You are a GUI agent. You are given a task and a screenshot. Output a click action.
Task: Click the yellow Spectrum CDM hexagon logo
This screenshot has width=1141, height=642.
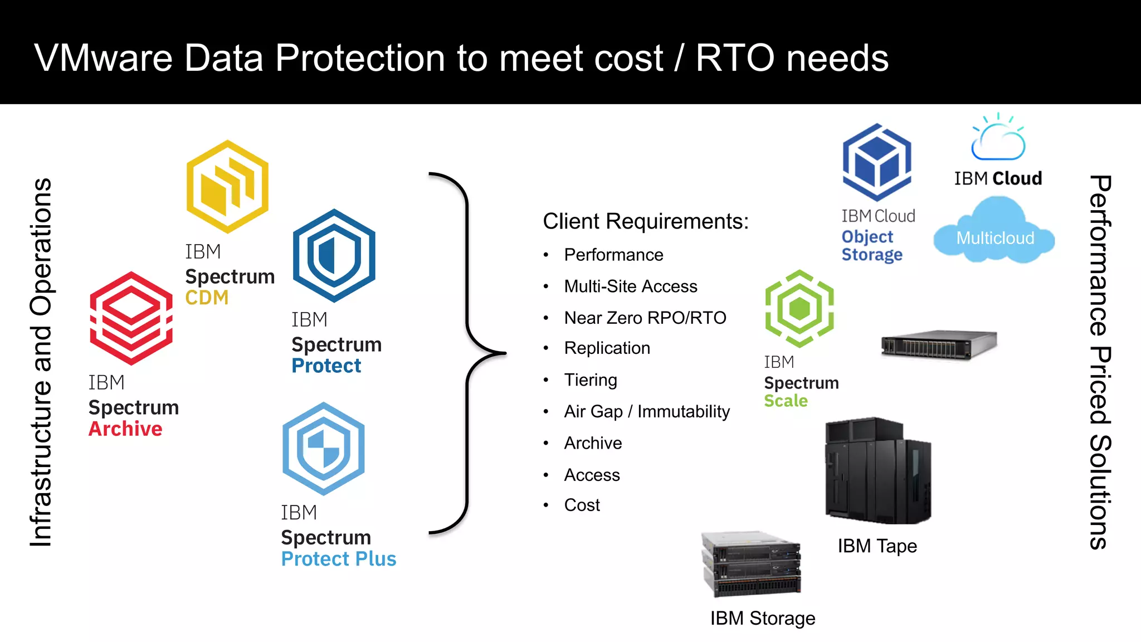click(x=227, y=187)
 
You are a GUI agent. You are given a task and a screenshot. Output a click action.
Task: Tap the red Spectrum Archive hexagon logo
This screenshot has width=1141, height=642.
click(x=131, y=318)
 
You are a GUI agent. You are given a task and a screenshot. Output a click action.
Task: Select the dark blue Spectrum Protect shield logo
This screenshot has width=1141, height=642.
click(x=334, y=256)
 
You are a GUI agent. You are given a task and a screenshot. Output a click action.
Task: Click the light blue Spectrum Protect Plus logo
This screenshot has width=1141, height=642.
click(x=324, y=449)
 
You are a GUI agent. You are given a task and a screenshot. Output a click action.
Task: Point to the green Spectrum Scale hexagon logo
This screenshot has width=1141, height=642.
click(x=799, y=309)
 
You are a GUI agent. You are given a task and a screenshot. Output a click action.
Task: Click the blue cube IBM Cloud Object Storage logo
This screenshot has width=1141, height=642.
click(x=877, y=162)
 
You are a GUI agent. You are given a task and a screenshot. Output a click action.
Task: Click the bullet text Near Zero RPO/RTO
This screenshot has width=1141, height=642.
click(x=645, y=318)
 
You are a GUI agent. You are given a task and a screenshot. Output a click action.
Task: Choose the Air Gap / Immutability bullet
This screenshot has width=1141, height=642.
click(x=646, y=412)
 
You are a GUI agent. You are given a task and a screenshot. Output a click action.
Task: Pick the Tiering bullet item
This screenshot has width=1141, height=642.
click(x=591, y=380)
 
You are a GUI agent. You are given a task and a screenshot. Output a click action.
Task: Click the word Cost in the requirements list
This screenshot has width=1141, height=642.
click(x=582, y=505)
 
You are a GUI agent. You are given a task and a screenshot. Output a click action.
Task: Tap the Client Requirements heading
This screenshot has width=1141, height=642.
click(x=646, y=221)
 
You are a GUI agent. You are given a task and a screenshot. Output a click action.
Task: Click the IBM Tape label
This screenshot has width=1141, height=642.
click(x=877, y=546)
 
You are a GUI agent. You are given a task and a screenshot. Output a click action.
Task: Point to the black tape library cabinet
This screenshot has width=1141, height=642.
click(x=877, y=470)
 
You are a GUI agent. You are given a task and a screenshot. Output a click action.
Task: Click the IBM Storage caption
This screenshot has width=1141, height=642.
click(x=762, y=619)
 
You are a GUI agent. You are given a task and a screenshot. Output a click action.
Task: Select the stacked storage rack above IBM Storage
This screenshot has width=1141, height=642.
click(x=751, y=563)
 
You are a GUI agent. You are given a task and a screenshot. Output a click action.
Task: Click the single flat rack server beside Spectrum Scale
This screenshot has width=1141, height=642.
click(x=939, y=345)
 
